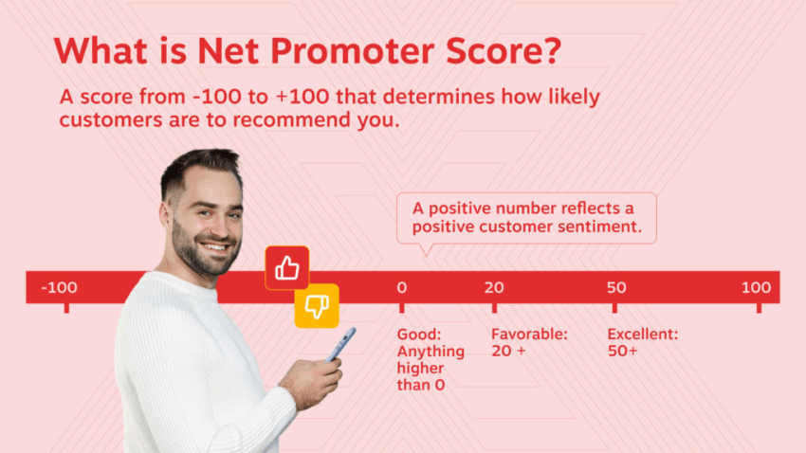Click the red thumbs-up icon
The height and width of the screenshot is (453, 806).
287,269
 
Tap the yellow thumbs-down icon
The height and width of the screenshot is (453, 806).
316,305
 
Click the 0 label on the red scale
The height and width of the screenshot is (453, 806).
401,287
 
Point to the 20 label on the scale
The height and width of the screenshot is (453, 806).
494,287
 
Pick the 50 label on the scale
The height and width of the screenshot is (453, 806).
616,287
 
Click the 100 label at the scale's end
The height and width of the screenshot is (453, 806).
756,287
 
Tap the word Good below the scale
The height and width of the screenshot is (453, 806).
416,335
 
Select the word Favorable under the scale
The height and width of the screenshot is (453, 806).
528,335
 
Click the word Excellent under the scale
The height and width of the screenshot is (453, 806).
643,335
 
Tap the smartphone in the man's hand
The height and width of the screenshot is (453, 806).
341,343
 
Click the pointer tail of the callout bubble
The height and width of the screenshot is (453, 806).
426,249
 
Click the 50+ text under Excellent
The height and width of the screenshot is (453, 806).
623,351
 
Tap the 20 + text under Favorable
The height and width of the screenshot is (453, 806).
508,351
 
